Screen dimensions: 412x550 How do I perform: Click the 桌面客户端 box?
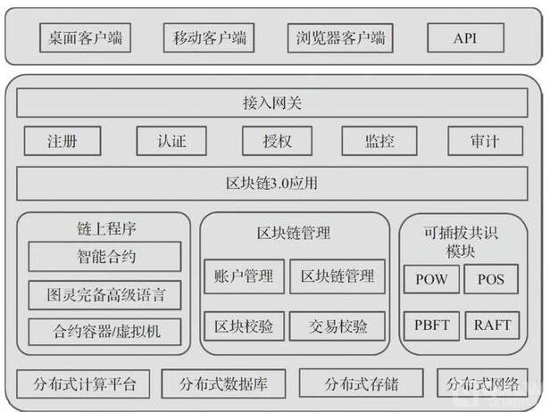click(x=87, y=38)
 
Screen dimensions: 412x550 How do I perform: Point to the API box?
click(x=465, y=38)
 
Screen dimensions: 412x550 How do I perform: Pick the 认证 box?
click(x=171, y=141)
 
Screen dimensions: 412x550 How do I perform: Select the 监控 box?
click(x=379, y=141)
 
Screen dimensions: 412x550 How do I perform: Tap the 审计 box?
click(x=486, y=141)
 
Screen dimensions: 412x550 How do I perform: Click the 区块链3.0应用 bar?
click(x=272, y=185)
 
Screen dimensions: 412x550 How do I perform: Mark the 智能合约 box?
click(x=104, y=258)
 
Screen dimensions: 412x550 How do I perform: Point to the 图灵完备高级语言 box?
click(x=104, y=294)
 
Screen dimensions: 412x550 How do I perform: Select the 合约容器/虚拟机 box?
click(x=104, y=332)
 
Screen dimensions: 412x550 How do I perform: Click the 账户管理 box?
click(x=245, y=277)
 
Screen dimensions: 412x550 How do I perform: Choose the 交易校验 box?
click(x=337, y=326)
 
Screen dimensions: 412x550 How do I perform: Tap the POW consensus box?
click(x=432, y=279)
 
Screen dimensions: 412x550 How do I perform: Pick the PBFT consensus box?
click(x=432, y=324)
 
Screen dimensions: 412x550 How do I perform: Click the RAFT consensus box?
click(x=491, y=324)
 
